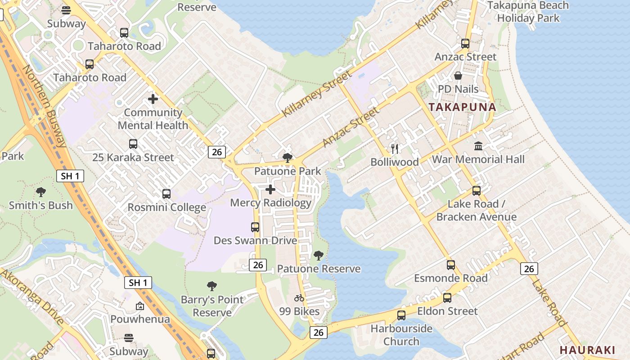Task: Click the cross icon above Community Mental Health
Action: tap(153, 99)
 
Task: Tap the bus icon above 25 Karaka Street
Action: tap(133, 144)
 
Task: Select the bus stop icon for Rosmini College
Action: tap(166, 194)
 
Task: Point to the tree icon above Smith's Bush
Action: tap(41, 192)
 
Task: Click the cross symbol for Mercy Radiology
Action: tap(270, 189)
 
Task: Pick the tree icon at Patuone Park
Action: tap(288, 157)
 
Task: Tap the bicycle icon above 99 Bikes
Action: tap(299, 298)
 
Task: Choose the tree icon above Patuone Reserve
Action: tap(319, 256)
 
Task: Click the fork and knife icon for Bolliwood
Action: tap(395, 148)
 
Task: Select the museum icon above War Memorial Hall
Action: tap(478, 146)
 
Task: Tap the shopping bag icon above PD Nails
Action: tap(458, 76)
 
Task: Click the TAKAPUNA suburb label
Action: tap(462, 107)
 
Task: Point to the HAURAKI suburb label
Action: tap(587, 350)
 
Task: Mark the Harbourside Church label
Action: tap(401, 335)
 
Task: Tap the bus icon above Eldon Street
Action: tap(447, 298)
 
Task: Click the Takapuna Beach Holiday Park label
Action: tap(528, 12)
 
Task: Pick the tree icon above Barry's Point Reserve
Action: tap(212, 286)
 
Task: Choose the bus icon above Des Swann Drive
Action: tap(255, 227)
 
